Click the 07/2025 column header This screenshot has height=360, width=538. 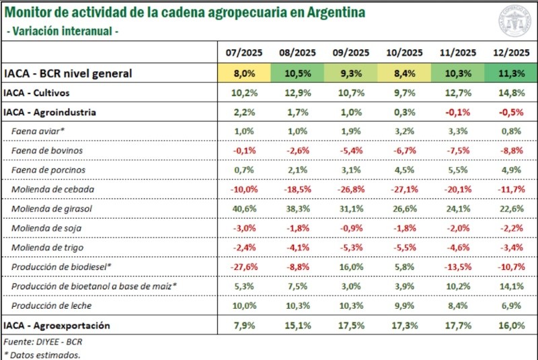pyautogui.click(x=244, y=52)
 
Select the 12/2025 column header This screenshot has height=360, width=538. pyautogui.click(x=509, y=52)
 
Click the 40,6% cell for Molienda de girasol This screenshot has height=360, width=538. pyautogui.click(x=244, y=209)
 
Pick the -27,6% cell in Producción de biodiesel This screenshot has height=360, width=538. pyautogui.click(x=244, y=267)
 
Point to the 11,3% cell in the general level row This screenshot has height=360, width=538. pyautogui.click(x=509, y=73)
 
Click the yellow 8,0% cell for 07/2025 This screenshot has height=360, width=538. pyautogui.click(x=244, y=73)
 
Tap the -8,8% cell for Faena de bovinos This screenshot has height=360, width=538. pyautogui.click(x=509, y=151)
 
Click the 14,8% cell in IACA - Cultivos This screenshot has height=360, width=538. pyautogui.click(x=509, y=93)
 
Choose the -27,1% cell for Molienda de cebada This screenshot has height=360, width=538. pyautogui.click(x=403, y=190)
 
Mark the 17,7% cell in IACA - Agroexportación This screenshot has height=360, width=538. pyautogui.click(x=456, y=326)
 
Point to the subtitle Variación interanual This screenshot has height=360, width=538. pyautogui.click(x=62, y=31)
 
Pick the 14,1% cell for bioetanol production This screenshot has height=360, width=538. pyautogui.click(x=509, y=287)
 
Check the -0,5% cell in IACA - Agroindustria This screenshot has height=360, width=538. pyautogui.click(x=509, y=112)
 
